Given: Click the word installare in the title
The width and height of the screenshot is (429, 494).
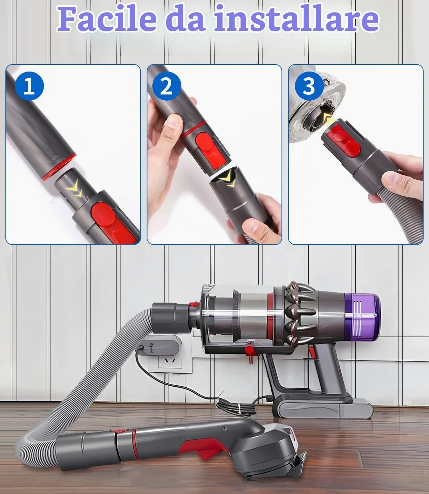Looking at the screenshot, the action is tap(296, 19).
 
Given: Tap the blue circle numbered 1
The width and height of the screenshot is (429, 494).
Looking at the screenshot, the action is tap(29, 86).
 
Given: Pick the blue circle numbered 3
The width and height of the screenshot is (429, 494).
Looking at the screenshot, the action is tap(309, 86).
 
